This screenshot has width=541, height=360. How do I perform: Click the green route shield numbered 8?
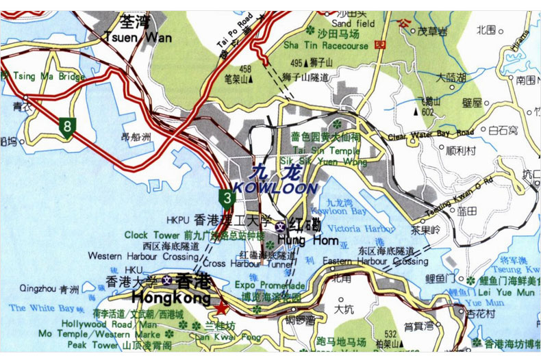(66, 127)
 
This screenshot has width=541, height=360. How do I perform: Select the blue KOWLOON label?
(275, 188)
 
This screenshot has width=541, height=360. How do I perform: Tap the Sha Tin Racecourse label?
(325, 46)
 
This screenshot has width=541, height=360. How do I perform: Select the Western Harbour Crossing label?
(142, 256)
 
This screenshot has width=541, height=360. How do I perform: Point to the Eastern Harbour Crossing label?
(375, 261)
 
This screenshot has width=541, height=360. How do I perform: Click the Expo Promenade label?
(270, 285)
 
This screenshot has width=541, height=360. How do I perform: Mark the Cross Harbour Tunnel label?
(238, 263)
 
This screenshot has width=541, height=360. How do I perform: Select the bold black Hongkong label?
(171, 298)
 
